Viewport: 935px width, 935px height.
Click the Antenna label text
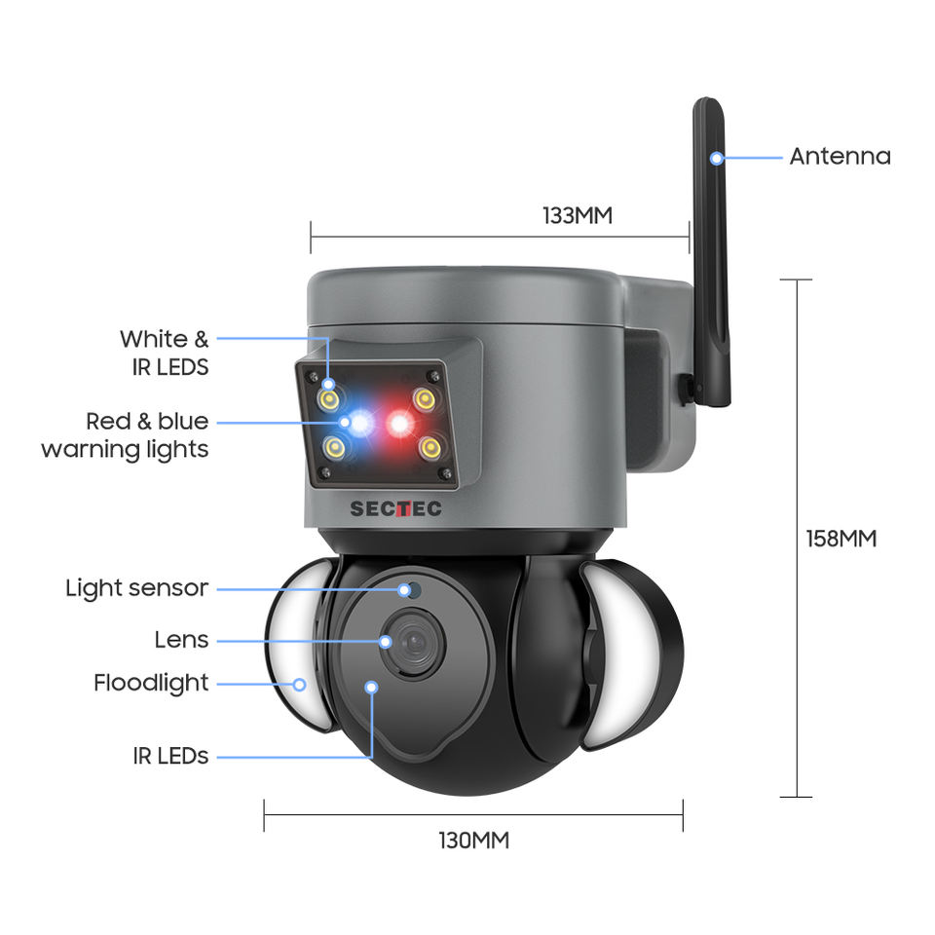pos(840,156)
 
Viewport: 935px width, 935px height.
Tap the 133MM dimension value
pos(578,215)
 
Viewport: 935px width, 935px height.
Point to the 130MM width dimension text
pos(473,840)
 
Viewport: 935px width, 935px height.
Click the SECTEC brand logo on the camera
pos(395,508)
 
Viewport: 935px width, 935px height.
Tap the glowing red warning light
pos(399,424)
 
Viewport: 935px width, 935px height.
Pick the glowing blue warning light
pos(361,424)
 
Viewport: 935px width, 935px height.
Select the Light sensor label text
pos(136,588)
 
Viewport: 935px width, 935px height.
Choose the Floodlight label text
pos(151,683)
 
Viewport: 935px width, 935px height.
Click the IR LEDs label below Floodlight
pos(170,756)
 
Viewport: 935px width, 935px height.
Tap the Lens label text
pos(181,640)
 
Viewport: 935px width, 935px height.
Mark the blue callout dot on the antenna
pos(717,157)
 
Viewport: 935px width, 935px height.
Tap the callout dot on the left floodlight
pos(300,684)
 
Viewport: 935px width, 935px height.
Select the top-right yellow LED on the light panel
pos(423,398)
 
